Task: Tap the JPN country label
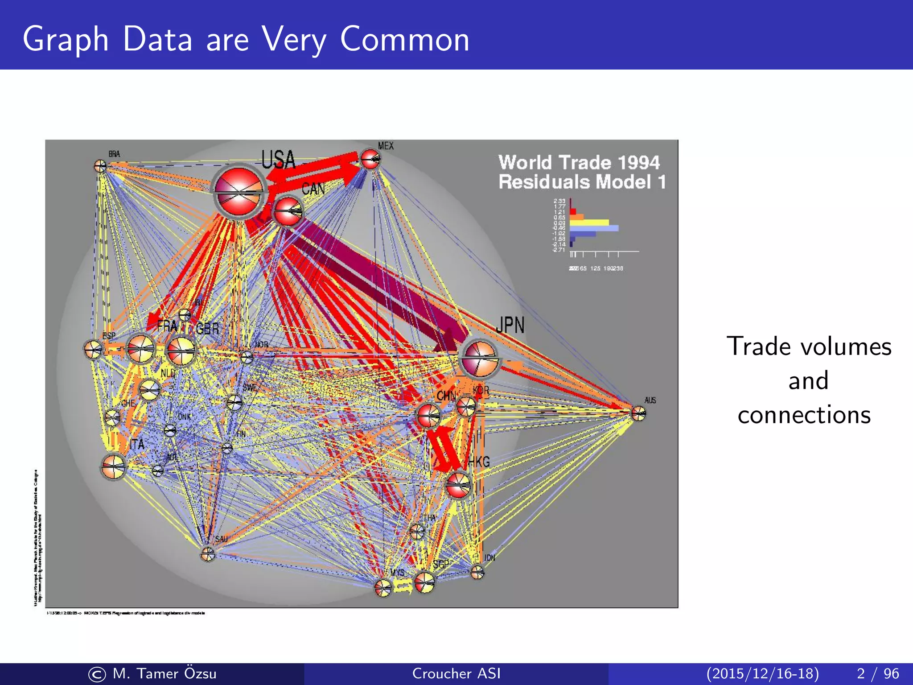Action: pos(510,325)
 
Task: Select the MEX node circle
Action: pos(370,159)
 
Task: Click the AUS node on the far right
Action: pos(638,413)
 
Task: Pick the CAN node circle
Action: pos(288,211)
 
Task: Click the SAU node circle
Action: pos(207,554)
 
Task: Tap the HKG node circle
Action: pos(458,485)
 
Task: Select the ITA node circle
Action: pos(113,467)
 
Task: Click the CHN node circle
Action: pos(428,415)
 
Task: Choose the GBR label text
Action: pos(207,329)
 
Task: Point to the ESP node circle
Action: pos(93,349)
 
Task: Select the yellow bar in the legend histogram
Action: pos(589,222)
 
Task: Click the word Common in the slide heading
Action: pos(404,39)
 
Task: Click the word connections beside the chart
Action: pos(804,415)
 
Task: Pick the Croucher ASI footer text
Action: pos(456,673)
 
